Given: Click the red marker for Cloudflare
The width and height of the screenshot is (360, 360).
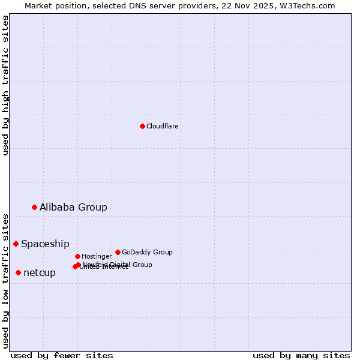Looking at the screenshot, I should pos(142,126).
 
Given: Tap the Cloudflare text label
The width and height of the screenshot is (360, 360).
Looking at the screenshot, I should pos(163,126).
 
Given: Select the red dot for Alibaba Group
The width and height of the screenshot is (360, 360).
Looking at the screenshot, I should pos(34,207).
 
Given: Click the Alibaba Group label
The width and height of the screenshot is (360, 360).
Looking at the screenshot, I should pos(73,207).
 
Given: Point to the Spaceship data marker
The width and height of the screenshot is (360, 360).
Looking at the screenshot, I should pos(16,244).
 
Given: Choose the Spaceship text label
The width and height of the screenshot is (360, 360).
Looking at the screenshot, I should pos(45,244).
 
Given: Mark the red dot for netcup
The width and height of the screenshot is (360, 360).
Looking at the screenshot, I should pos(18,272).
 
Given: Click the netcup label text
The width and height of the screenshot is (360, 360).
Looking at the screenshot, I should pos(40,272).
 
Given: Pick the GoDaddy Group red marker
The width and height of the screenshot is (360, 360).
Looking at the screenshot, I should pos(118,252).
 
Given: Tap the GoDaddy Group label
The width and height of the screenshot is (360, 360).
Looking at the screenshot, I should pos(147,252).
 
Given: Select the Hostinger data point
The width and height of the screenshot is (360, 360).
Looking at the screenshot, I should pos(77,256).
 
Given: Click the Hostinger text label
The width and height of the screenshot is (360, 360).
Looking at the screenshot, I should pos(97,256).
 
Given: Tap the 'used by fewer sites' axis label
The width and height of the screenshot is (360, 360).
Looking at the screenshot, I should pos(62,355).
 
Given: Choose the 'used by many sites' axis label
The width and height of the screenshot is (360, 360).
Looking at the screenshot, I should pos(301,355).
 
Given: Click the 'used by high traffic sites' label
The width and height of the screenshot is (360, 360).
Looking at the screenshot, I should pos(5,85).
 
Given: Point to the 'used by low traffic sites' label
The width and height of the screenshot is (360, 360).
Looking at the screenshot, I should pos(5,280).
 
